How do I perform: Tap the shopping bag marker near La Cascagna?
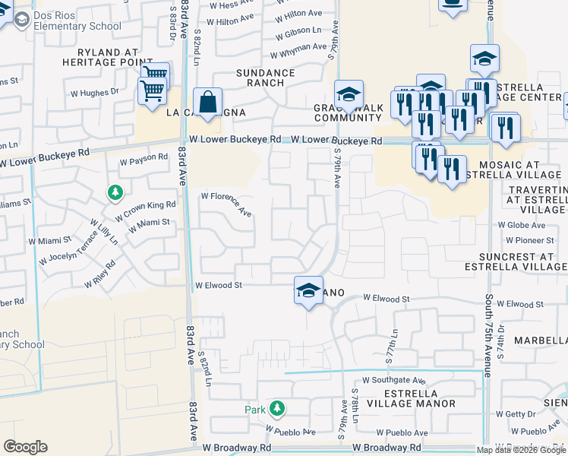[207, 102]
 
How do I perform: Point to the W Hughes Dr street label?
[95, 92]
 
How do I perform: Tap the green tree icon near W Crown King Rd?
[115, 193]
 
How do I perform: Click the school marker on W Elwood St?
[308, 290]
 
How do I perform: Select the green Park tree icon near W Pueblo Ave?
[277, 408]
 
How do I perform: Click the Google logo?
[25, 447]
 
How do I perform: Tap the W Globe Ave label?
[522, 225]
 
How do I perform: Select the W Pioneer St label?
[523, 240]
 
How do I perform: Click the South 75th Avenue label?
[490, 336]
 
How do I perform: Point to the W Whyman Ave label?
[298, 50]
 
